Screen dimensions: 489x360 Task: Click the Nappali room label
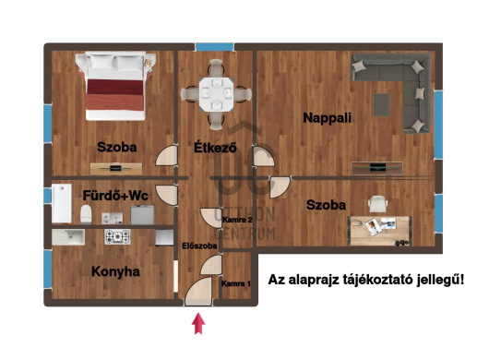coord(328,118)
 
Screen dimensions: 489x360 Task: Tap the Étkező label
coord(215,148)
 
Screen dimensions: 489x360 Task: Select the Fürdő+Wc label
coord(115,196)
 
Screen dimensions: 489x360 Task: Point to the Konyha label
coord(115,271)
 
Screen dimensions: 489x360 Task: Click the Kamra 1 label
coord(236,284)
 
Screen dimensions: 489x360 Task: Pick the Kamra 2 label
coord(238,220)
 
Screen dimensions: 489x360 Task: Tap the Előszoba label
coord(199,246)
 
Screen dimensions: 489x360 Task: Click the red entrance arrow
coord(198,324)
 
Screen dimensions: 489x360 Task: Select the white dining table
coord(217,94)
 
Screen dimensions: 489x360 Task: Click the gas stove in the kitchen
coord(117,237)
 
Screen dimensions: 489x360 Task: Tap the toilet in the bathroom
coord(86,214)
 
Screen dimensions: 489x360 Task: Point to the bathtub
coord(62,203)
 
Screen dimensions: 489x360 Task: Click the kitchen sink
coord(68,237)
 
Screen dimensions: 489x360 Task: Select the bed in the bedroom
coord(115,86)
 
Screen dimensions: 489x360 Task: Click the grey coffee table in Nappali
coord(382,105)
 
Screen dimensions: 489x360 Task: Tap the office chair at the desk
coord(377,203)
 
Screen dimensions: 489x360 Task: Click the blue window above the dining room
coord(215,47)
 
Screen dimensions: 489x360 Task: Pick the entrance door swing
coord(198,291)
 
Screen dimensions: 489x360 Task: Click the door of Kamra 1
coord(211,265)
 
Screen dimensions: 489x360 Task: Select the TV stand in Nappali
coord(377,168)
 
